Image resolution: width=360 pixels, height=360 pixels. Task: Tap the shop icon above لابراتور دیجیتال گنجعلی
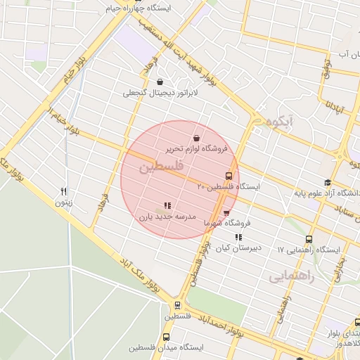[x=160, y=82]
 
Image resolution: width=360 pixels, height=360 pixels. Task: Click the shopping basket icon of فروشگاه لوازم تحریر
[x=195, y=138]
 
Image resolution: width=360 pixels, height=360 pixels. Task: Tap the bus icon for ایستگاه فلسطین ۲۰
[x=229, y=176]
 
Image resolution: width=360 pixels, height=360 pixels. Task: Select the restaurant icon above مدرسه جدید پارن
[x=167, y=206]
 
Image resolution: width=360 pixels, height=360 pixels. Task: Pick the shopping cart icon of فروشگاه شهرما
[x=226, y=212]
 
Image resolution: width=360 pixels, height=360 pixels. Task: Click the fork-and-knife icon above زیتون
[x=64, y=191]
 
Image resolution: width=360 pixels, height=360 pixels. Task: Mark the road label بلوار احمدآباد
[x=243, y=326]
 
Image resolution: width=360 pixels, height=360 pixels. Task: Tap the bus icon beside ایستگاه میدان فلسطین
[x=167, y=337]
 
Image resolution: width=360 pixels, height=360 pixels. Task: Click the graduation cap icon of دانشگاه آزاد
[x=327, y=183]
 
